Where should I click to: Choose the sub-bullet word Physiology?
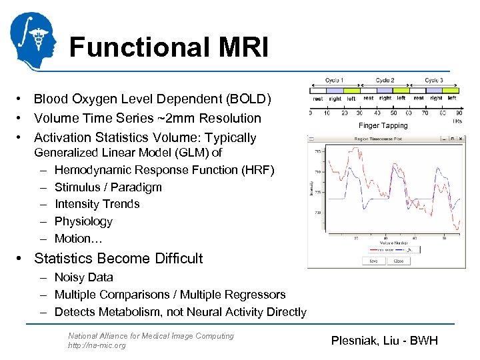83,221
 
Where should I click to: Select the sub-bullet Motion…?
76,239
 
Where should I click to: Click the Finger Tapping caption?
383,125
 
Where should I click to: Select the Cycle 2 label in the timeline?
385,81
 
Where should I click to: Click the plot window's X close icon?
460,139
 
